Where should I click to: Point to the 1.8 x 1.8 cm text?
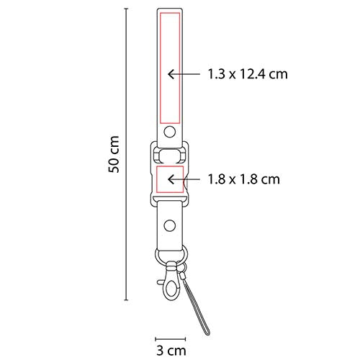point(243,179)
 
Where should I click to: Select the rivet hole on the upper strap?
point(169,132)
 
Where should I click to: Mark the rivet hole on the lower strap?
point(169,226)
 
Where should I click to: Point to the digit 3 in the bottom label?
point(160,351)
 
